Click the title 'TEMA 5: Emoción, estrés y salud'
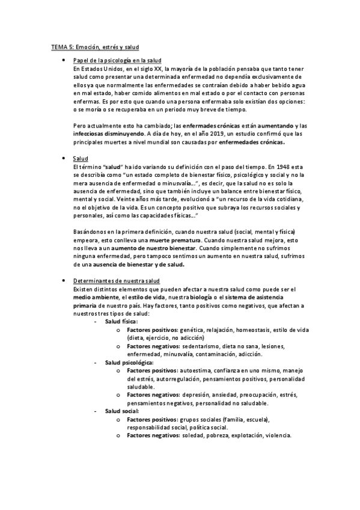(x=96, y=46)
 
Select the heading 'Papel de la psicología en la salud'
(x=117, y=61)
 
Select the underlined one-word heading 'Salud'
(x=80, y=159)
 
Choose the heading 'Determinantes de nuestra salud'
(x=112, y=281)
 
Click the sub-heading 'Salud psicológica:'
(x=129, y=363)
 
